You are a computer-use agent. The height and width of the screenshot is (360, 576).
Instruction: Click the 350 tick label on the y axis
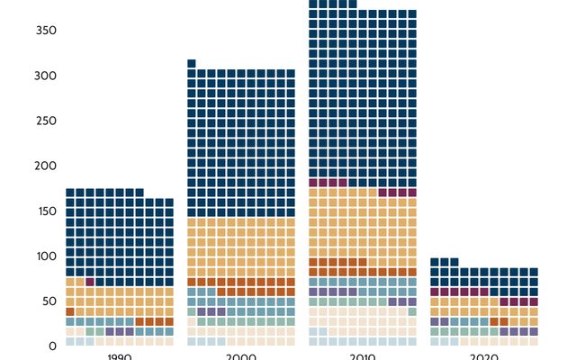pos(46,31)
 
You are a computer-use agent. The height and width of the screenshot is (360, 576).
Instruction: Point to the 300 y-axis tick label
pos(46,76)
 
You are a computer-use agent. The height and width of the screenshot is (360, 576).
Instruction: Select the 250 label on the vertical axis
pos(46,121)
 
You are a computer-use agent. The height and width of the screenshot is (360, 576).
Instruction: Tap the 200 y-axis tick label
pos(46,166)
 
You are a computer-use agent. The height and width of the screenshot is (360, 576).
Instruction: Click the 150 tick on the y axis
pos(46,211)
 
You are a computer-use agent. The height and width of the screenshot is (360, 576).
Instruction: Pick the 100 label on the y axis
pos(46,256)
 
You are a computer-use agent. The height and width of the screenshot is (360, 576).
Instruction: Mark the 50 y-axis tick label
pos(49,301)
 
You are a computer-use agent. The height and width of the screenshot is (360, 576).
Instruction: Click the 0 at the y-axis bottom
pos(52,346)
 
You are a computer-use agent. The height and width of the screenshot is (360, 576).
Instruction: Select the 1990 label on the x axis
pos(120,356)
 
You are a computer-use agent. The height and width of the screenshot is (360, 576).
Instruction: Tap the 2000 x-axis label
pos(241,356)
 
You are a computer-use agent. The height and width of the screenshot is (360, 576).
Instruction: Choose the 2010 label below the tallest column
pos(363,356)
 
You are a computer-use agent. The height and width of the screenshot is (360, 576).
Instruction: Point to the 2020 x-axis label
pos(484,356)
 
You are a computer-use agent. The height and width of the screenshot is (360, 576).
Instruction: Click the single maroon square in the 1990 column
pos(90,282)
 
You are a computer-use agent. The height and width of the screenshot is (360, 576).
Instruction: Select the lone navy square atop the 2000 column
pos(192,63)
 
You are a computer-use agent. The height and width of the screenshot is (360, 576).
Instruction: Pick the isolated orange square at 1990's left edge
pos(70,311)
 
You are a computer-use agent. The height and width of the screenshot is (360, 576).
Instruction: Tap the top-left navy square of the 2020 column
pos(435,262)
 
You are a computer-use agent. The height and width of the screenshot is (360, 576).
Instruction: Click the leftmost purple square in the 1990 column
pos(110,331)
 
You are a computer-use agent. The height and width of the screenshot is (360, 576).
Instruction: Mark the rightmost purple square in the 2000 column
pos(221,311)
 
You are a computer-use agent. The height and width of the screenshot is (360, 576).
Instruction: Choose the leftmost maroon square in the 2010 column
pos(313,183)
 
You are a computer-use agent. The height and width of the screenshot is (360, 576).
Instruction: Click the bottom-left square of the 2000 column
pos(192,341)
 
